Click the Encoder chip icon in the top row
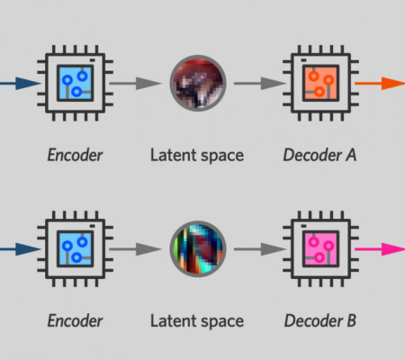tap(75, 83)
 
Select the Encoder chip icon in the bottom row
tap(75, 248)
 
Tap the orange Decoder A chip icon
tap(320, 83)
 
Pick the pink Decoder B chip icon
tap(320, 248)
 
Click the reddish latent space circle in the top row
tap(198, 83)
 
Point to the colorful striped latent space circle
tap(198, 248)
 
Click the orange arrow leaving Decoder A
tap(380, 83)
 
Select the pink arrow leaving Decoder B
tap(380, 249)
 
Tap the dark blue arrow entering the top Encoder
tap(21, 83)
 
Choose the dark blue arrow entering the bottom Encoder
tap(21, 249)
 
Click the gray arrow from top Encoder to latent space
tap(135, 83)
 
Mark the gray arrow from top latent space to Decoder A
tap(260, 83)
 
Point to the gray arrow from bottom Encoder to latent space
tap(135, 249)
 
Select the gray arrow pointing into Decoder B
tap(260, 249)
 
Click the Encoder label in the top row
tap(75, 155)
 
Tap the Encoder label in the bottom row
tap(75, 320)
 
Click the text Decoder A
tap(319, 155)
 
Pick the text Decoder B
tap(320, 320)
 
